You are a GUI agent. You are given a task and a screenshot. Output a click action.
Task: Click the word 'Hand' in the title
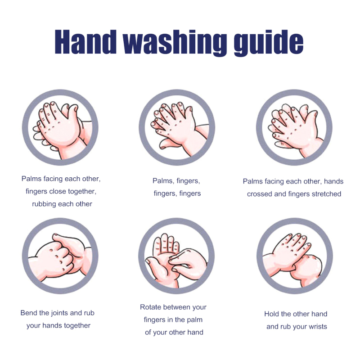85,42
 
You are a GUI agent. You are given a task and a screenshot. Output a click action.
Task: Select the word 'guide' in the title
269,43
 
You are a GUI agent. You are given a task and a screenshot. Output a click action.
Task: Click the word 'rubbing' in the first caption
44,204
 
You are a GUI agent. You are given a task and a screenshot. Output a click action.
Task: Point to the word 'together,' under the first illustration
81,192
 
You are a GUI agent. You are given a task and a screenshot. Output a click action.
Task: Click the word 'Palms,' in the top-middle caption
163,181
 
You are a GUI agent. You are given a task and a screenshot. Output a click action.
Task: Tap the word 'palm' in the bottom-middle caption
195,320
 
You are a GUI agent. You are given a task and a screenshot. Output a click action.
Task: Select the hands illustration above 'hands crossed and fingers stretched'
294,127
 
